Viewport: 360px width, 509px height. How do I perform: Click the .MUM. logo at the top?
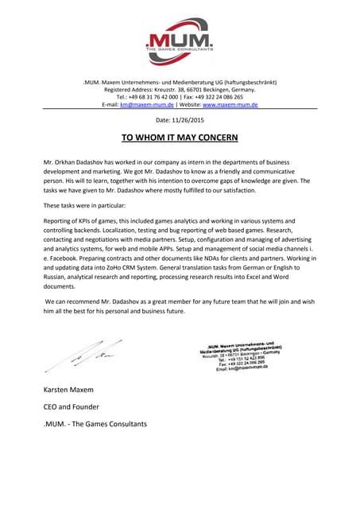(x=180, y=39)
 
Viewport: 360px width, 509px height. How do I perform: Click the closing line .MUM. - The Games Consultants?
(x=96, y=424)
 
